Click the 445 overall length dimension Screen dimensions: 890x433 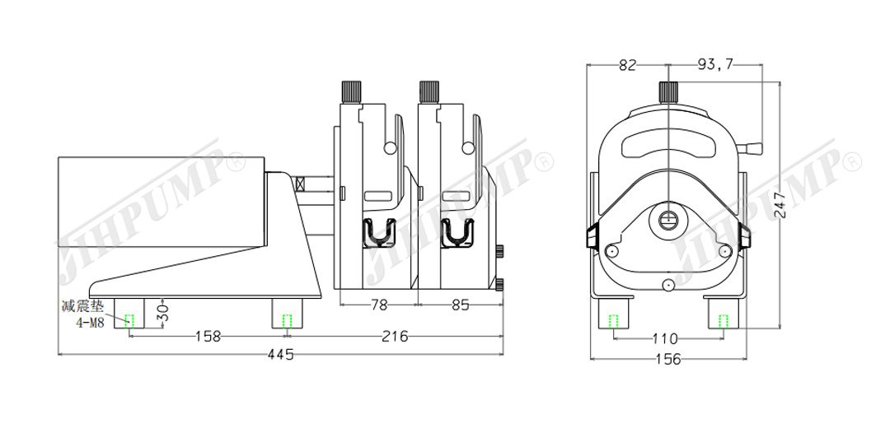click(x=281, y=355)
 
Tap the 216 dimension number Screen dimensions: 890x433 click(x=395, y=336)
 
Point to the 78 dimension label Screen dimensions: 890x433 click(x=378, y=305)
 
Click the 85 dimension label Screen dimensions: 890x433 click(x=461, y=305)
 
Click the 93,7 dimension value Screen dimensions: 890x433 click(x=714, y=65)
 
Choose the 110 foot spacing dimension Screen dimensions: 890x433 click(x=665, y=339)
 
